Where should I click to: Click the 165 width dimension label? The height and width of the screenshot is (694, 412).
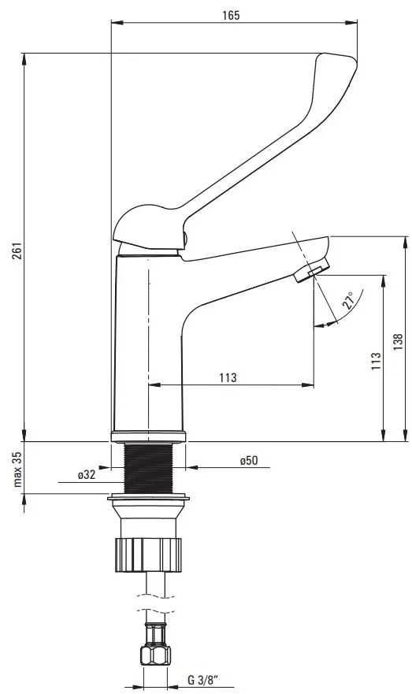point(231,16)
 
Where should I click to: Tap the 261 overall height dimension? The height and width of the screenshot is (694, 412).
point(17,251)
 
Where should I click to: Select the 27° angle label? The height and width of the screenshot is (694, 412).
point(348,300)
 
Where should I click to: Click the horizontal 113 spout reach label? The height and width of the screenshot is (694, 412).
point(228,377)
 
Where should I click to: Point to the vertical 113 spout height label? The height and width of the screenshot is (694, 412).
point(376,361)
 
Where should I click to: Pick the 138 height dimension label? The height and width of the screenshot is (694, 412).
point(398,342)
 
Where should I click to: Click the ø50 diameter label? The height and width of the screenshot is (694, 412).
point(249,461)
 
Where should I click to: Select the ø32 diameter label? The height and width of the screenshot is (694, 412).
point(87,475)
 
